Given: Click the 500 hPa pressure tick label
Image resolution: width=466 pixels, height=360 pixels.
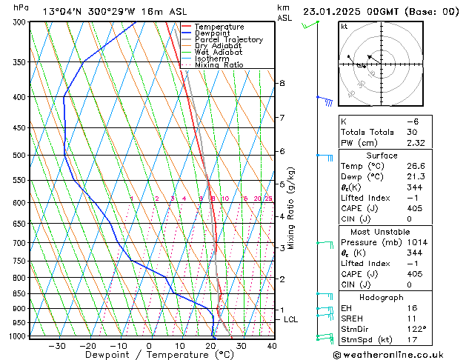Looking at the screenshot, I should click(x=19, y=155).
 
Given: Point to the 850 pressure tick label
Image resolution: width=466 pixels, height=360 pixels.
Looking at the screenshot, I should click(x=19, y=293).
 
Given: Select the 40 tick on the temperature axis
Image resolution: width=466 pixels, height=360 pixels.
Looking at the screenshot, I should click(x=272, y=345).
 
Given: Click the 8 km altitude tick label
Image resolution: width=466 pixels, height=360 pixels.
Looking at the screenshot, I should click(x=282, y=83).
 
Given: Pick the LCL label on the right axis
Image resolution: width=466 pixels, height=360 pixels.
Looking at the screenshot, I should click(x=291, y=319).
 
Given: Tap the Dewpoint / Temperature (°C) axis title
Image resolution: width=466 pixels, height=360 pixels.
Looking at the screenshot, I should click(x=148, y=355).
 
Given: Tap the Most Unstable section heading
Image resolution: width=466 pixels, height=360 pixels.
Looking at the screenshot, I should click(x=382, y=231).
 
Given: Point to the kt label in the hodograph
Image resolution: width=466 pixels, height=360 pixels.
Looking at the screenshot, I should click(x=344, y=27).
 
